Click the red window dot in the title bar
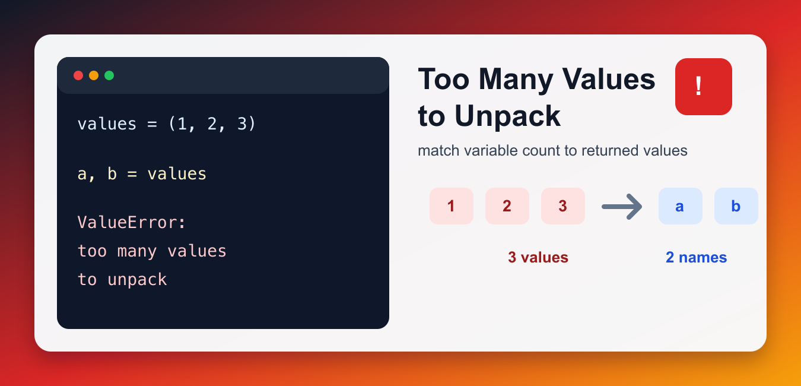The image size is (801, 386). [x=78, y=75]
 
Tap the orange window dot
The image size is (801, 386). [x=94, y=75]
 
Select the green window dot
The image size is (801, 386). [x=109, y=75]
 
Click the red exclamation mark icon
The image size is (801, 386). [x=703, y=87]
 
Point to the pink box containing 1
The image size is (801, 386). [x=452, y=206]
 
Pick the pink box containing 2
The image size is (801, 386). [x=507, y=206]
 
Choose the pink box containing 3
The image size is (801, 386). [x=563, y=206]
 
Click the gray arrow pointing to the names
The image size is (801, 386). [x=621, y=207]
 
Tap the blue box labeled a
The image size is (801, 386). [x=681, y=206]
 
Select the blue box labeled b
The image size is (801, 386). [x=736, y=206]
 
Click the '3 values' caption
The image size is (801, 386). [x=538, y=257]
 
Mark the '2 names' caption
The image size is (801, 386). [x=696, y=257]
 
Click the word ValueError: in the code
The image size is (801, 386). [x=132, y=223]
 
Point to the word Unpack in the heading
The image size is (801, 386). [x=507, y=116]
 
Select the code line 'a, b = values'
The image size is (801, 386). [x=142, y=174]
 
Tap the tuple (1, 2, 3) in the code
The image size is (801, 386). [x=212, y=124]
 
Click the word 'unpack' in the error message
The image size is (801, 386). [x=137, y=280]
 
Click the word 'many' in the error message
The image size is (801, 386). [x=137, y=251]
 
